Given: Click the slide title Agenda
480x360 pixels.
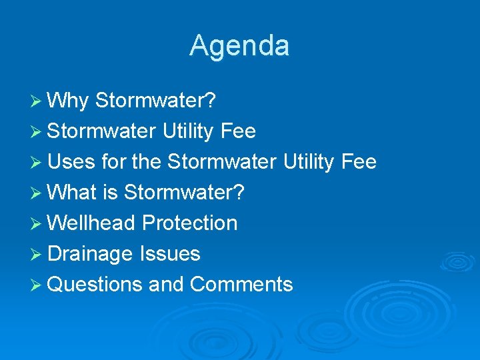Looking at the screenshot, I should [239, 46].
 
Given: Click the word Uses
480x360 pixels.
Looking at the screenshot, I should [73, 162].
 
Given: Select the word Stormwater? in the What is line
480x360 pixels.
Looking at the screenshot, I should [185, 193].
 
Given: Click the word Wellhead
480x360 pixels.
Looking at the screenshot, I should [92, 223].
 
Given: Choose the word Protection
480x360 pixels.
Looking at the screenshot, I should [190, 223].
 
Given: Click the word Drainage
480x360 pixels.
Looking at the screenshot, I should [91, 254].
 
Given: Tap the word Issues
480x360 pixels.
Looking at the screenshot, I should [170, 254].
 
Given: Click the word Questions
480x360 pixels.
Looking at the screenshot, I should [95, 285].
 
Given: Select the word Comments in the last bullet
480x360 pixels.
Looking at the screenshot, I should [241, 285].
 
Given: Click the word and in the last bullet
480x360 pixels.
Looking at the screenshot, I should [166, 285].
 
